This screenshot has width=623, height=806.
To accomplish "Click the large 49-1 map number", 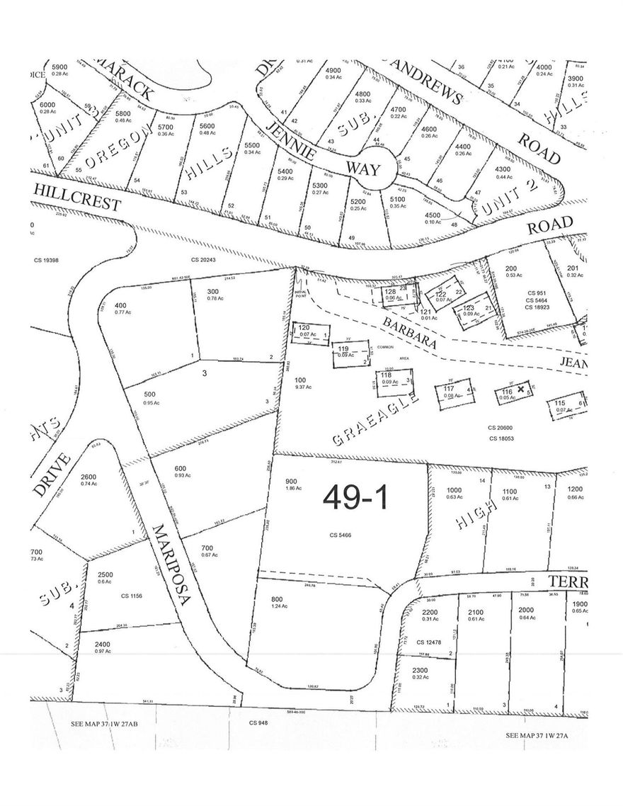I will (355, 498).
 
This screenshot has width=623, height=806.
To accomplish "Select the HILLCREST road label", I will (76, 195).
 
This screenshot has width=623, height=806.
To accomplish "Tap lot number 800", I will (277, 599).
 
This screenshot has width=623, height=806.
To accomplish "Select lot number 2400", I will (103, 643).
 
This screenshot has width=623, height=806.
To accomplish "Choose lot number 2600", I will (89, 476).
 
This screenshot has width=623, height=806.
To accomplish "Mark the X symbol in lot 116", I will (521, 389).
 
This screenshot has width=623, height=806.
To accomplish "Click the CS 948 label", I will (258, 723).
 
